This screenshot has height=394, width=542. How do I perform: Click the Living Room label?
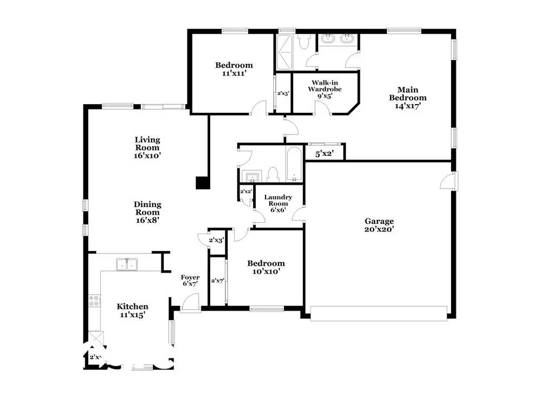[147, 147]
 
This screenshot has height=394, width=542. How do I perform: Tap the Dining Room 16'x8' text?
[147, 212]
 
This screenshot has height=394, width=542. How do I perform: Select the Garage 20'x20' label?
[379, 225]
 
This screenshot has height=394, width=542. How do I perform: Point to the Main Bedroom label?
[411, 98]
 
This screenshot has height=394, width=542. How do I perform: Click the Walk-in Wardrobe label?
[325, 89]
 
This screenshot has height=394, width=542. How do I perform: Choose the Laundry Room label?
[279, 203]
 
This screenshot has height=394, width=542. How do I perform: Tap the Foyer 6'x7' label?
[190, 280]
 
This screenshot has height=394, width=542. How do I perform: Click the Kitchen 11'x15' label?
[132, 310]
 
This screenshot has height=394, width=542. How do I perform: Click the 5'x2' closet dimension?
[324, 154]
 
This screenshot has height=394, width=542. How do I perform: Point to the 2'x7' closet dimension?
[217, 280]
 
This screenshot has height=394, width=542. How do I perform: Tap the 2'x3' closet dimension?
[216, 239]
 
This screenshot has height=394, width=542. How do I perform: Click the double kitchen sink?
[127, 264]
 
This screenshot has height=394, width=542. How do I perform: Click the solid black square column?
[203, 183]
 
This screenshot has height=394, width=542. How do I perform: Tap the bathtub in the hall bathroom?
[294, 164]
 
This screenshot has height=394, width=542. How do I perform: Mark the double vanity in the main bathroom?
[339, 39]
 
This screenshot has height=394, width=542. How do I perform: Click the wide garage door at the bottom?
[379, 312]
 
